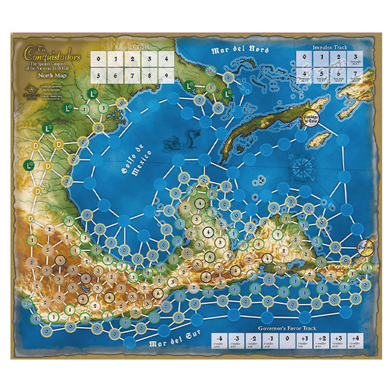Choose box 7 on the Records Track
point(132,75)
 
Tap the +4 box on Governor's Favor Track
point(354,341)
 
